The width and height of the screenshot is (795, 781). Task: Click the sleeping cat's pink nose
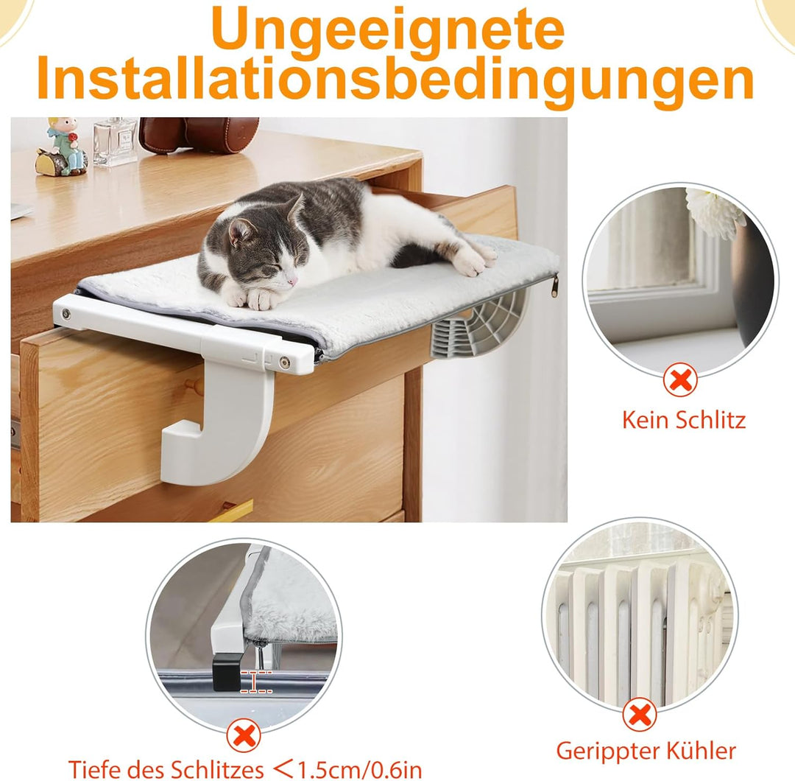click(293, 281)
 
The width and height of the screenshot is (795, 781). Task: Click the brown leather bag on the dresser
click(199, 134)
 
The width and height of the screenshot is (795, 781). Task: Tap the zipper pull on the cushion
click(554, 284)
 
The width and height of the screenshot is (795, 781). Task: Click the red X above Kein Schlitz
click(680, 381)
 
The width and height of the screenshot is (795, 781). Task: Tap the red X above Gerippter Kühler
click(640, 715)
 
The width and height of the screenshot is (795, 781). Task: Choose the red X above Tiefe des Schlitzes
click(244, 736)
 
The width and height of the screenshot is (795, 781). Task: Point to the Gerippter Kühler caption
click(646, 751)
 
